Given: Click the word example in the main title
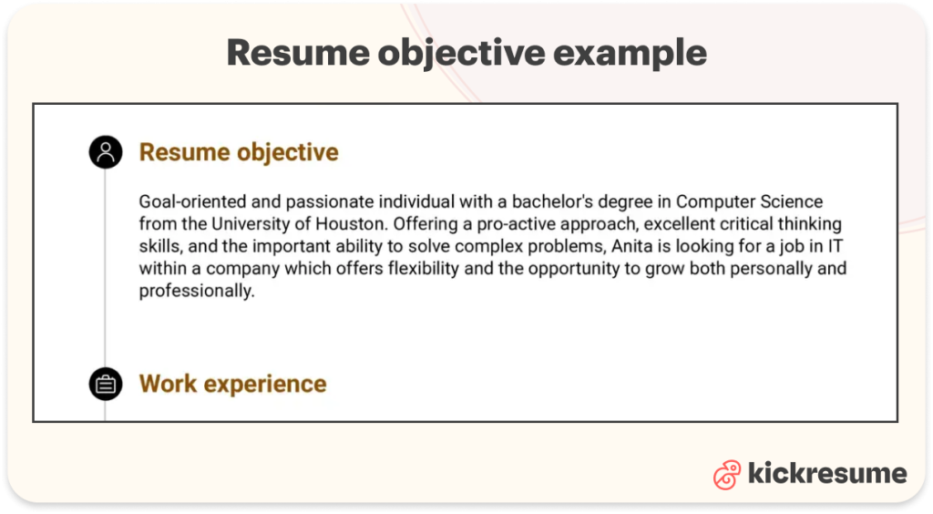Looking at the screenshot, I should (629, 54).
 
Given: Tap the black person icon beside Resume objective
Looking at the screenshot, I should (106, 152).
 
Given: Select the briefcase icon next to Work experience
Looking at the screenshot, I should (106, 384).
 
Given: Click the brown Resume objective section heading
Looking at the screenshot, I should (239, 152).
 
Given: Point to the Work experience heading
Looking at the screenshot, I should (232, 384).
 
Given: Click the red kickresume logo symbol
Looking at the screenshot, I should (727, 474).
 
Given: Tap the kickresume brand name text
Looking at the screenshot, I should (827, 474).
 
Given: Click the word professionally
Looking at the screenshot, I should (194, 292).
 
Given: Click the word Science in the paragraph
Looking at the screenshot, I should (789, 201).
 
